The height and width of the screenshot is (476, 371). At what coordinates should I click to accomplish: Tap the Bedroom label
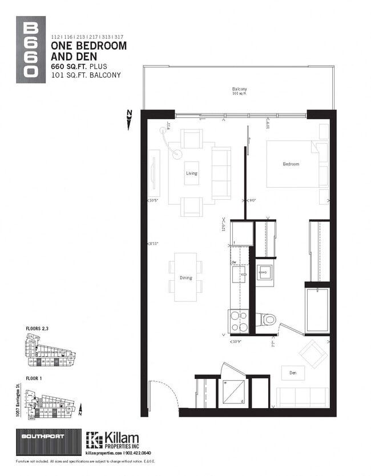tap(291, 164)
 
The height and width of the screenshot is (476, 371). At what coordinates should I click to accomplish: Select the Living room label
tap(192, 173)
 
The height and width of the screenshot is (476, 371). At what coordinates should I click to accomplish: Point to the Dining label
tap(186, 278)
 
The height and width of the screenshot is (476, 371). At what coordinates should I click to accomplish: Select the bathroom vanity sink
tap(265, 273)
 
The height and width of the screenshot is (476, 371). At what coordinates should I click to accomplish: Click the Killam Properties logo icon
tap(94, 439)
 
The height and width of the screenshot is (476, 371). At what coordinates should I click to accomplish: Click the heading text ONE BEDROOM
tap(89, 46)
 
